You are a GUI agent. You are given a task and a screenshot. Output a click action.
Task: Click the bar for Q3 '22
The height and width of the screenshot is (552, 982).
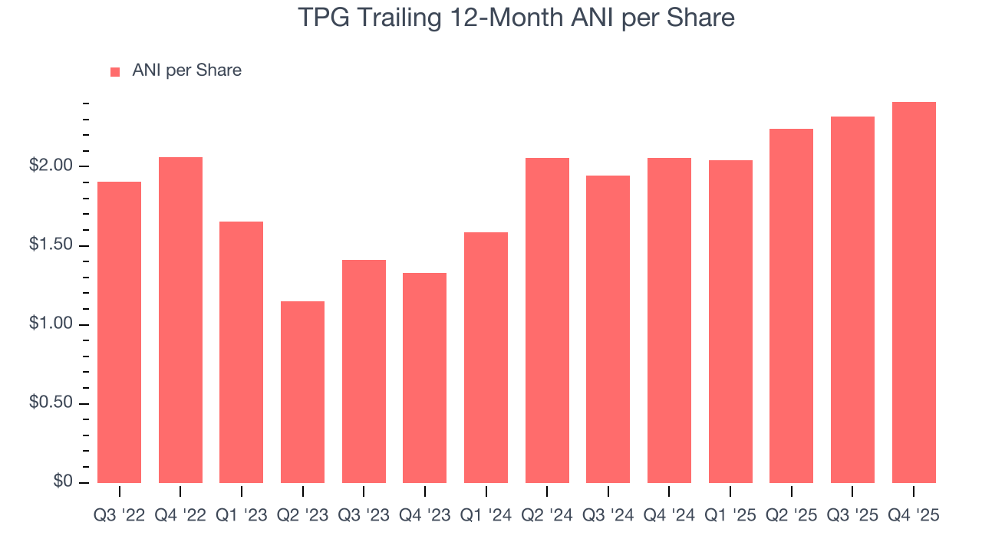(x=120, y=332)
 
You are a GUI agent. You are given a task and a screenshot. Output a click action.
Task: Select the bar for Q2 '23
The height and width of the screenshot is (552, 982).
(x=302, y=392)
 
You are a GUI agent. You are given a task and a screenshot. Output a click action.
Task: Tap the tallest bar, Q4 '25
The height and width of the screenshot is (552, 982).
(x=914, y=292)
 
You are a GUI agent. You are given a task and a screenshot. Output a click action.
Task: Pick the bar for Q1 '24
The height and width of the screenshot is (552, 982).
(x=486, y=357)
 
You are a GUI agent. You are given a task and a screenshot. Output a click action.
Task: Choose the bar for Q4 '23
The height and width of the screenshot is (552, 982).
(x=424, y=378)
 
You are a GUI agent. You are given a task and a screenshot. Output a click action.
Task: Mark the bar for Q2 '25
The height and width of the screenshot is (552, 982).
(x=791, y=306)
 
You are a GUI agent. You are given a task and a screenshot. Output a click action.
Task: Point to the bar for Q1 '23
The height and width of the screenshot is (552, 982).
(x=241, y=352)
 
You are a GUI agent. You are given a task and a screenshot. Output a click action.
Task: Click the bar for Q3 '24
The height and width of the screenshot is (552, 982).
(x=608, y=329)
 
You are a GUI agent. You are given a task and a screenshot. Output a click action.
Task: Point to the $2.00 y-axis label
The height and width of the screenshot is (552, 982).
(x=51, y=166)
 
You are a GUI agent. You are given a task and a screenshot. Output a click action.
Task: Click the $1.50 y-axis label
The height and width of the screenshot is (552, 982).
(x=51, y=246)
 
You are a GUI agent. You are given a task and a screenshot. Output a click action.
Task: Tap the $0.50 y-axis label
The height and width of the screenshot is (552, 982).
(x=51, y=404)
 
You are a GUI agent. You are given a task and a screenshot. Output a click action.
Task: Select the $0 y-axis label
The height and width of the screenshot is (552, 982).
(x=63, y=482)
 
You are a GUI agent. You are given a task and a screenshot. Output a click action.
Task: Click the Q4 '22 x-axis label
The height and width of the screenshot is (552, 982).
(x=180, y=516)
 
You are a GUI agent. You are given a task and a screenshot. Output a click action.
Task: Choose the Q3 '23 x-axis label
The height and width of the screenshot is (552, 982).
(x=364, y=516)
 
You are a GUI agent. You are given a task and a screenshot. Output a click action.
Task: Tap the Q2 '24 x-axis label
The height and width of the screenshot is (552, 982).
(x=547, y=516)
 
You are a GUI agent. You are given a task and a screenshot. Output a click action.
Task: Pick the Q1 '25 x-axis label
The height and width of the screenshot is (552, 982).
(x=730, y=516)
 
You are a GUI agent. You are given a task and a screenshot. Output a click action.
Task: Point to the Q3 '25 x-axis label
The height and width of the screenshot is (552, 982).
(x=852, y=516)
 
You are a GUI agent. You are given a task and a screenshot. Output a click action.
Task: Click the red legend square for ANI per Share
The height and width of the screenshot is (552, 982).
(x=115, y=71)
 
